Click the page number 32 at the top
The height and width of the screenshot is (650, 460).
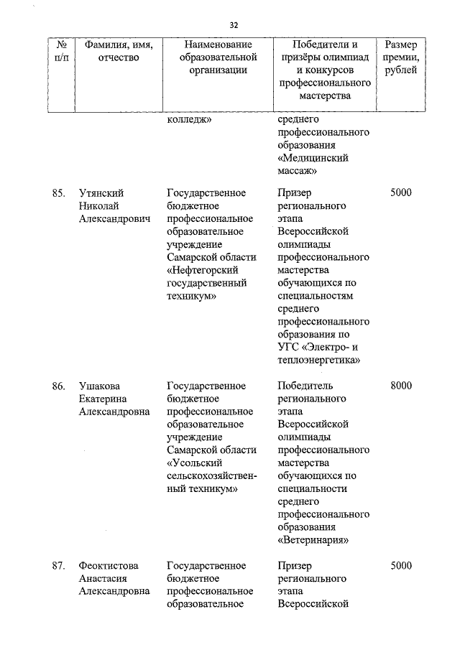click(234, 25)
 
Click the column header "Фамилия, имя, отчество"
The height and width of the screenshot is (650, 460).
click(119, 51)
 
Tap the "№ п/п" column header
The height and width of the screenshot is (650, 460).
click(61, 51)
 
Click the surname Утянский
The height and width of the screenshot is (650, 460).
click(101, 193)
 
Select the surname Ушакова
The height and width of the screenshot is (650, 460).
click(101, 386)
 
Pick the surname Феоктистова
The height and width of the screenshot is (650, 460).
click(109, 566)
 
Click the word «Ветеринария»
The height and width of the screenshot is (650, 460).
click(313, 540)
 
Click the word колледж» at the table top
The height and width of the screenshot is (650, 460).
click(189, 120)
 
